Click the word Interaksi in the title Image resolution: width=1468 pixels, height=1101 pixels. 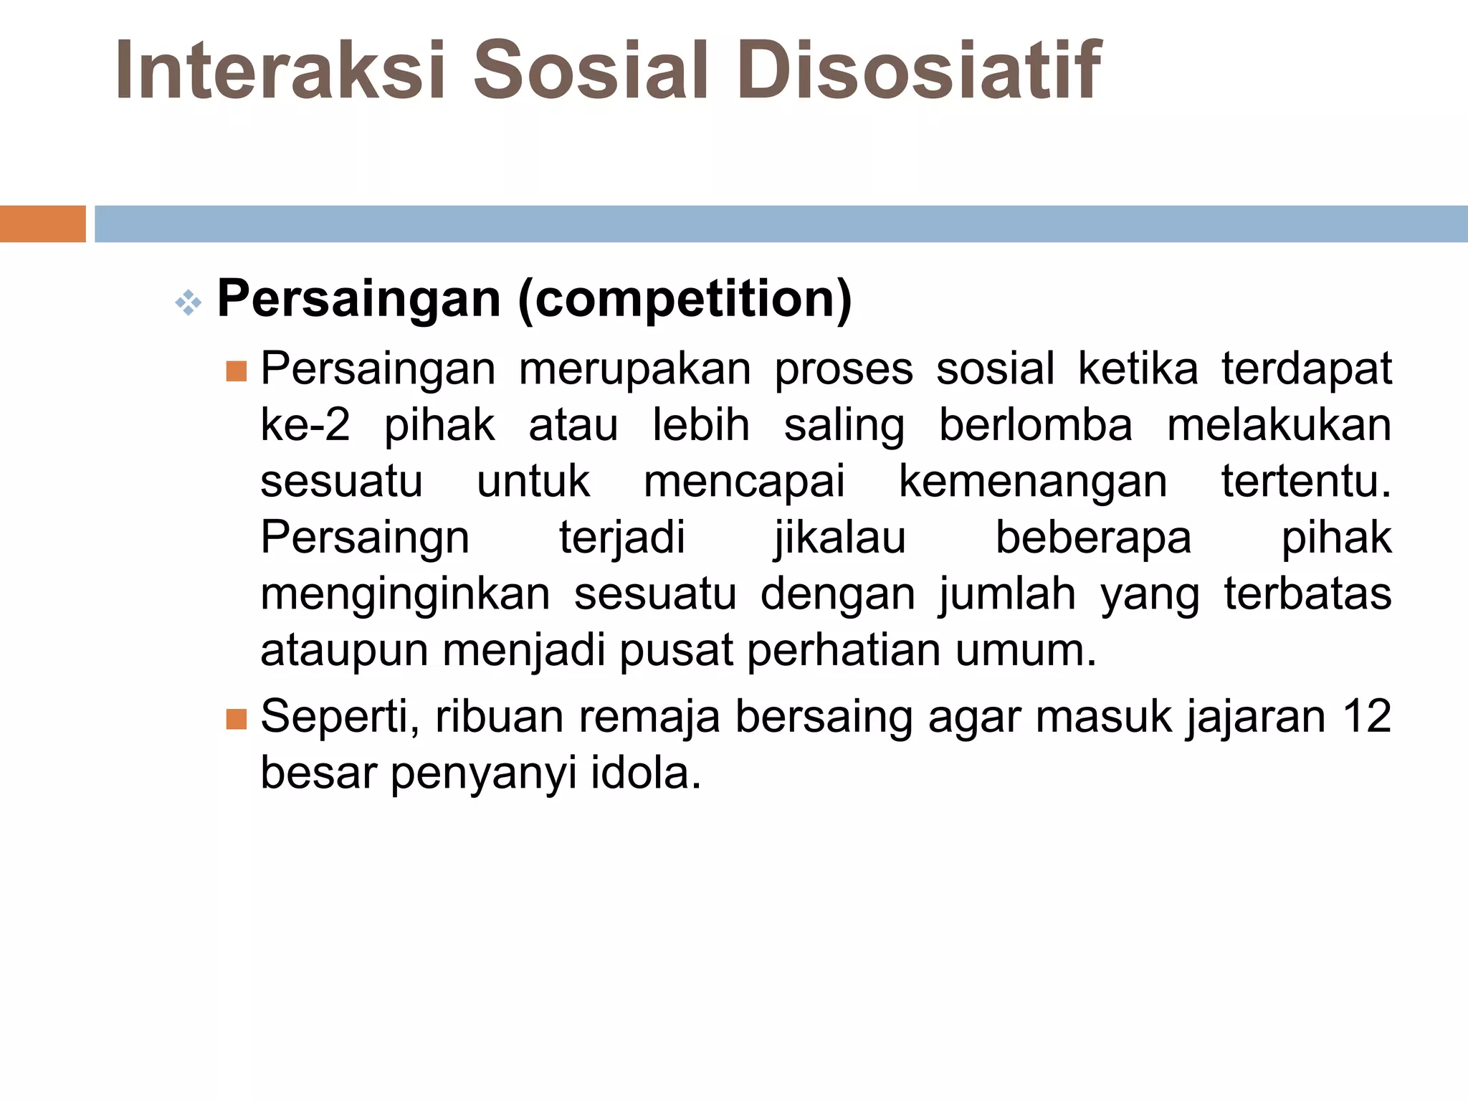pyautogui.click(x=280, y=70)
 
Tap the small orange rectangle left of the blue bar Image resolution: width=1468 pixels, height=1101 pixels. pyautogui.click(x=42, y=224)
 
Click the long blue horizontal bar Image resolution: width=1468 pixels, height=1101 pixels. pyautogui.click(x=781, y=224)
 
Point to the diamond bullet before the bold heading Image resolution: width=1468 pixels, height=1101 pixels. pyautogui.click(x=189, y=303)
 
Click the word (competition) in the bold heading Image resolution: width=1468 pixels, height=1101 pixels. pyautogui.click(x=685, y=300)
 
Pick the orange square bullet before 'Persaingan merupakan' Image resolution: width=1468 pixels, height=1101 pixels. pyautogui.click(x=236, y=371)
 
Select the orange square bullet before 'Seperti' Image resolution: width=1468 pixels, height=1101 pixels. pyautogui.click(x=236, y=719)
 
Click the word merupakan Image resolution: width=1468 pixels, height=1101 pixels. pyautogui.click(x=634, y=370)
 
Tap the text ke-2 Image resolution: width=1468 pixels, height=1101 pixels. pyautogui.click(x=305, y=426)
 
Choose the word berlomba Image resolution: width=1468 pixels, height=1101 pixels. pyautogui.click(x=1036, y=426)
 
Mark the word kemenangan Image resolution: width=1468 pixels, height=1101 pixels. pyautogui.click(x=1033, y=482)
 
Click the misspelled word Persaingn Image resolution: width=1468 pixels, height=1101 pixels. pyautogui.click(x=365, y=538)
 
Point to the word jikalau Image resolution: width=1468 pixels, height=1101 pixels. pyautogui.click(x=840, y=539)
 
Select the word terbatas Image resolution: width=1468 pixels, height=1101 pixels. pyautogui.click(x=1307, y=594)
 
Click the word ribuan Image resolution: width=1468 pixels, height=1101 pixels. pyautogui.click(x=500, y=717)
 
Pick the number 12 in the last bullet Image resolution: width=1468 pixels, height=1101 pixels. pyautogui.click(x=1367, y=717)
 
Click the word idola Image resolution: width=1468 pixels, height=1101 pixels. pyautogui.click(x=645, y=773)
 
